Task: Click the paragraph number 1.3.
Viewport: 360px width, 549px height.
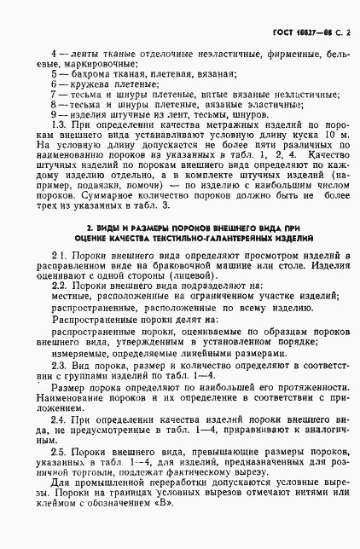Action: [60, 124]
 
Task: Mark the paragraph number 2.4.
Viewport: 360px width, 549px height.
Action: [60, 419]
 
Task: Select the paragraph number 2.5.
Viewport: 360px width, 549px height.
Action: [61, 449]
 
